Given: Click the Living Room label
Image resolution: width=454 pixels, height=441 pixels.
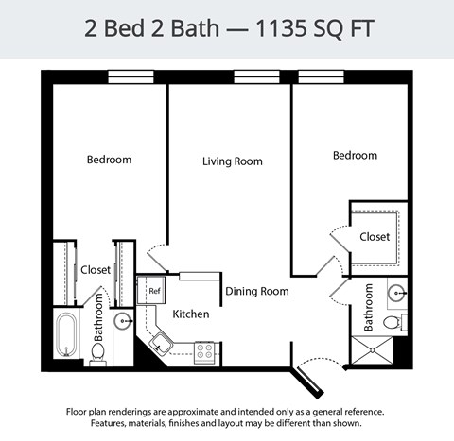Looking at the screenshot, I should click(232, 161).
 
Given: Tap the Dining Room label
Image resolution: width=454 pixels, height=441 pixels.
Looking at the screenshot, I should click(256, 292).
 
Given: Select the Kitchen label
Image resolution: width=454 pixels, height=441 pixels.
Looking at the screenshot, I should click(190, 314).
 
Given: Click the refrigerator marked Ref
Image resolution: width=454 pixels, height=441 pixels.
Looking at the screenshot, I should click(153, 291).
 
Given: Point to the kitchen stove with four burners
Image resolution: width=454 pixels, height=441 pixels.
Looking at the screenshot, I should click(203, 352).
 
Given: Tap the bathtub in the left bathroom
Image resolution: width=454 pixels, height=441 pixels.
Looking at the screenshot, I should click(67, 335).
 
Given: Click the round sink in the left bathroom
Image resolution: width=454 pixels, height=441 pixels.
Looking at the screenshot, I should click(123, 322).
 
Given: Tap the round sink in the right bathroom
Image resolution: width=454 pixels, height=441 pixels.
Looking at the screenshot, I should click(398, 293).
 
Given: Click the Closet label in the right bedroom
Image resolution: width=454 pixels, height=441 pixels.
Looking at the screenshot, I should click(375, 237).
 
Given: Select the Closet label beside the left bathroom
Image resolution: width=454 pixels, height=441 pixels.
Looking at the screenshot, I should click(95, 270).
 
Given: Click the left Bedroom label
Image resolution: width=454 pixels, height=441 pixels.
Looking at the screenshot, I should click(109, 160).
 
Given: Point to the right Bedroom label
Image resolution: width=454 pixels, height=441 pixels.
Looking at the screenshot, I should click(355, 156).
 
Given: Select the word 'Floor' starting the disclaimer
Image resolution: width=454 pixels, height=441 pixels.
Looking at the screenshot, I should click(79, 412).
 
